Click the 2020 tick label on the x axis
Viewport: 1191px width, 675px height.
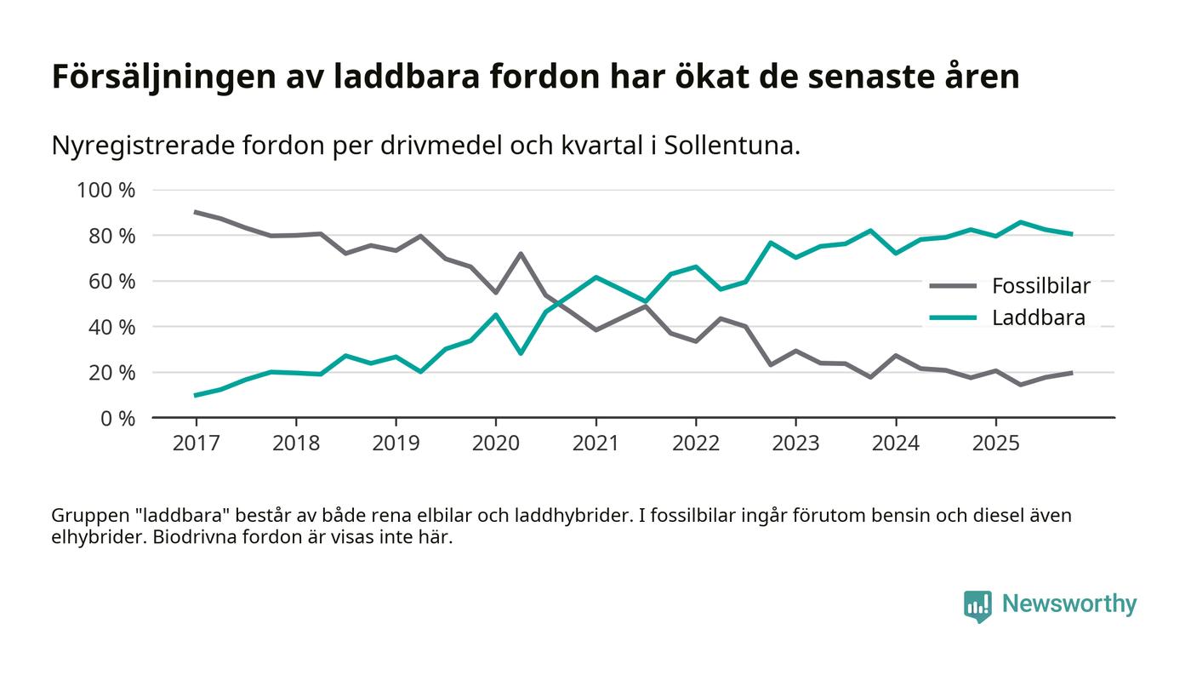[495, 443]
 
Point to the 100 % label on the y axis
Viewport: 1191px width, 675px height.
[105, 190]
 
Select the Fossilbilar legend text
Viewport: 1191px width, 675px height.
[1040, 286]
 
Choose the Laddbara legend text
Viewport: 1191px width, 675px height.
[1038, 318]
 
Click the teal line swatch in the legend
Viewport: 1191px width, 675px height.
[952, 318]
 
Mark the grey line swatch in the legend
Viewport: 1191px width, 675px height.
[952, 286]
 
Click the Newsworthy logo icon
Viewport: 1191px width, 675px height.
[977, 605]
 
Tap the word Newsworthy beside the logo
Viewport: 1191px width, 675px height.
[1068, 604]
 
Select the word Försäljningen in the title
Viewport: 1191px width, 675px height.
[165, 77]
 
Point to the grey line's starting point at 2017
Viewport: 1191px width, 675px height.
[196, 212]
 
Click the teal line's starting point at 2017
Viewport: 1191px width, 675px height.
[196, 395]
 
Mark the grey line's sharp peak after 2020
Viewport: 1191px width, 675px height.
[520, 253]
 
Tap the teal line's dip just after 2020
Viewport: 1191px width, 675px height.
[520, 353]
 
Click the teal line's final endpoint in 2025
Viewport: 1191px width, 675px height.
[1071, 233]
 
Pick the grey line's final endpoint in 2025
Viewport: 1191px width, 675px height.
[1071, 373]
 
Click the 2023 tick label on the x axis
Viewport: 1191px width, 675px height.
[795, 443]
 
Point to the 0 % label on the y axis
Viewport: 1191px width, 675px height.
[117, 419]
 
